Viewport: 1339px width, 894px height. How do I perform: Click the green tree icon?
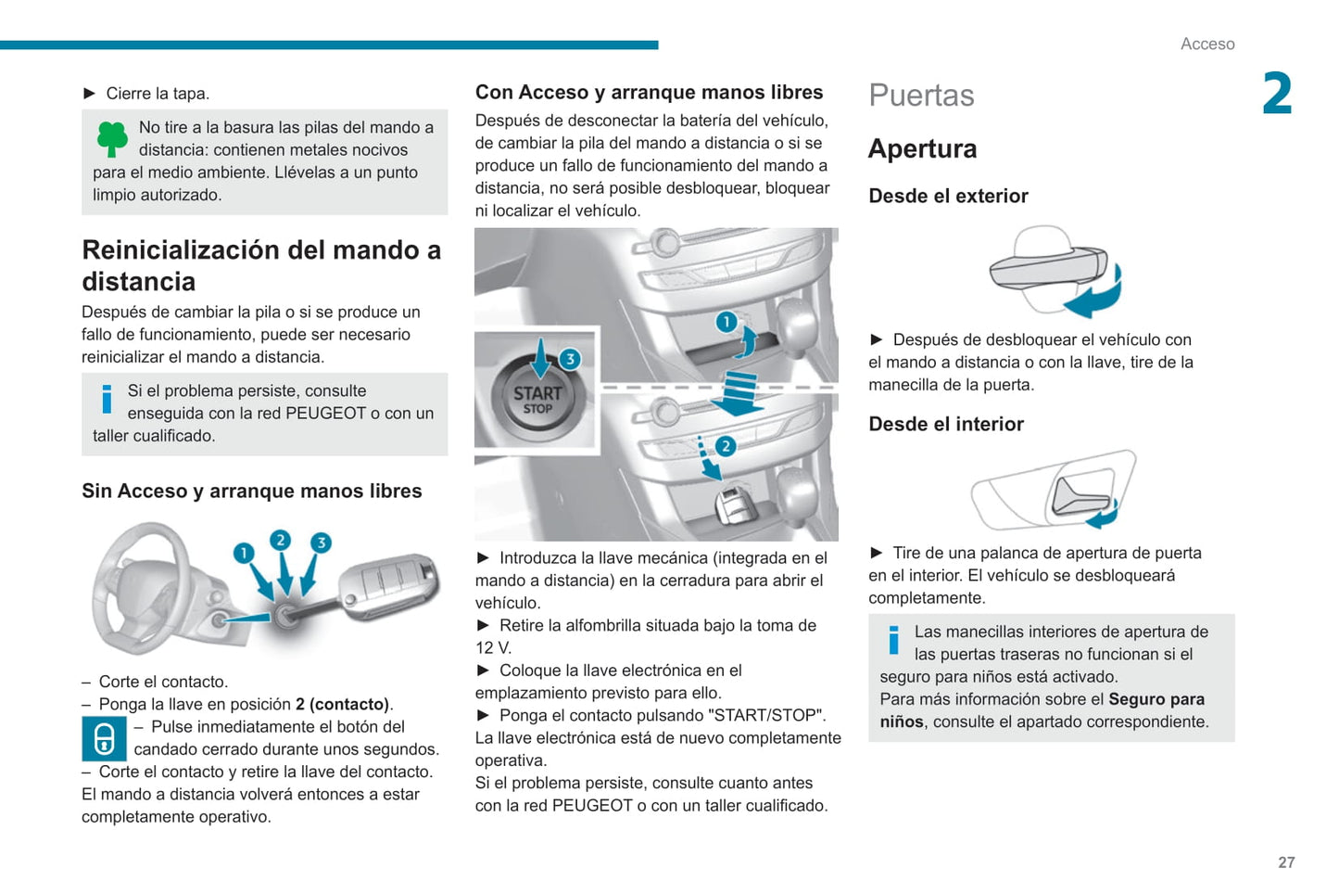[x=112, y=139]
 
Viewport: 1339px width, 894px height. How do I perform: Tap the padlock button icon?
[x=104, y=738]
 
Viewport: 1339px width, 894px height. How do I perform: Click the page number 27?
[x=1286, y=862]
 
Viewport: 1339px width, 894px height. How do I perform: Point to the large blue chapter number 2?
[x=1277, y=94]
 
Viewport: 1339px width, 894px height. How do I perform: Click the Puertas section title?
[x=921, y=96]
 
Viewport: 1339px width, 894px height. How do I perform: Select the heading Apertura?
[x=922, y=149]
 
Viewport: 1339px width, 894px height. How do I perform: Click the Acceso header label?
[x=1207, y=44]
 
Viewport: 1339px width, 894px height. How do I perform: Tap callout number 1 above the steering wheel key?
[x=244, y=553]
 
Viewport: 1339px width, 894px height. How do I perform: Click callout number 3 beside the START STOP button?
[x=570, y=359]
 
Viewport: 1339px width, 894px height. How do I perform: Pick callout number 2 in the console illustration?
[x=725, y=446]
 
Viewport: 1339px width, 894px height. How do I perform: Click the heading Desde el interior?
[x=946, y=424]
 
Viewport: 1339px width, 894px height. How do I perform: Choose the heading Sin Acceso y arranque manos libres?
[x=252, y=492]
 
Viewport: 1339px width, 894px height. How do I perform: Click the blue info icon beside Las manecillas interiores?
[x=893, y=640]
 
